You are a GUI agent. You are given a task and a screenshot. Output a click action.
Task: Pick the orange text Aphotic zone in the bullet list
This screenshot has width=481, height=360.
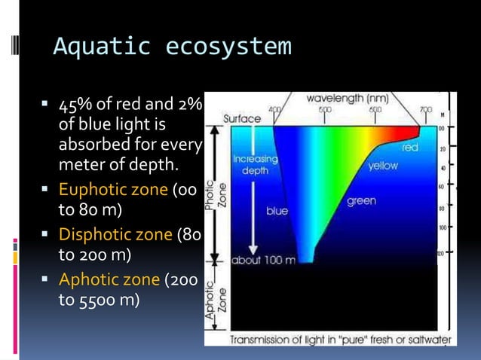click(109, 280)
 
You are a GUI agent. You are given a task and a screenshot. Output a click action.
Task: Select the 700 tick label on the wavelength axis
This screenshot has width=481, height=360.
click(425, 110)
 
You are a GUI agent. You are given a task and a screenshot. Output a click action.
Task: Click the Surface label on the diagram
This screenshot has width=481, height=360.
click(242, 119)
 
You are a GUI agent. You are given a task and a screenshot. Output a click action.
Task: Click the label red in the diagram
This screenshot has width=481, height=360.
click(410, 148)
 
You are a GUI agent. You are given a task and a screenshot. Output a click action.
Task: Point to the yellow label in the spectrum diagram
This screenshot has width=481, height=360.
click(382, 166)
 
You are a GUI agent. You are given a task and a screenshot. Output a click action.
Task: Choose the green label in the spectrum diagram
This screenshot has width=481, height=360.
click(362, 201)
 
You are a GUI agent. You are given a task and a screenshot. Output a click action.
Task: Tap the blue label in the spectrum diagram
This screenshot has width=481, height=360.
click(277, 211)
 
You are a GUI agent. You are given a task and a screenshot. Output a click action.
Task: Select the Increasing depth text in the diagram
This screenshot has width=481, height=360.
click(255, 165)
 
